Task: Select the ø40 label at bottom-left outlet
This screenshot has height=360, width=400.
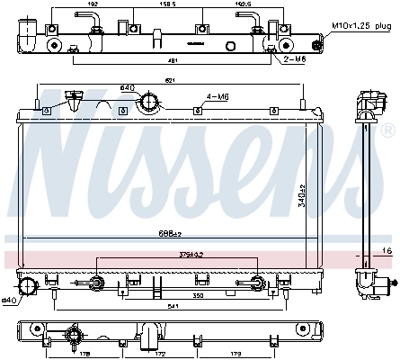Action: (8, 300)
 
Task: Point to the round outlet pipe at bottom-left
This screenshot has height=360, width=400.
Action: (27, 286)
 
